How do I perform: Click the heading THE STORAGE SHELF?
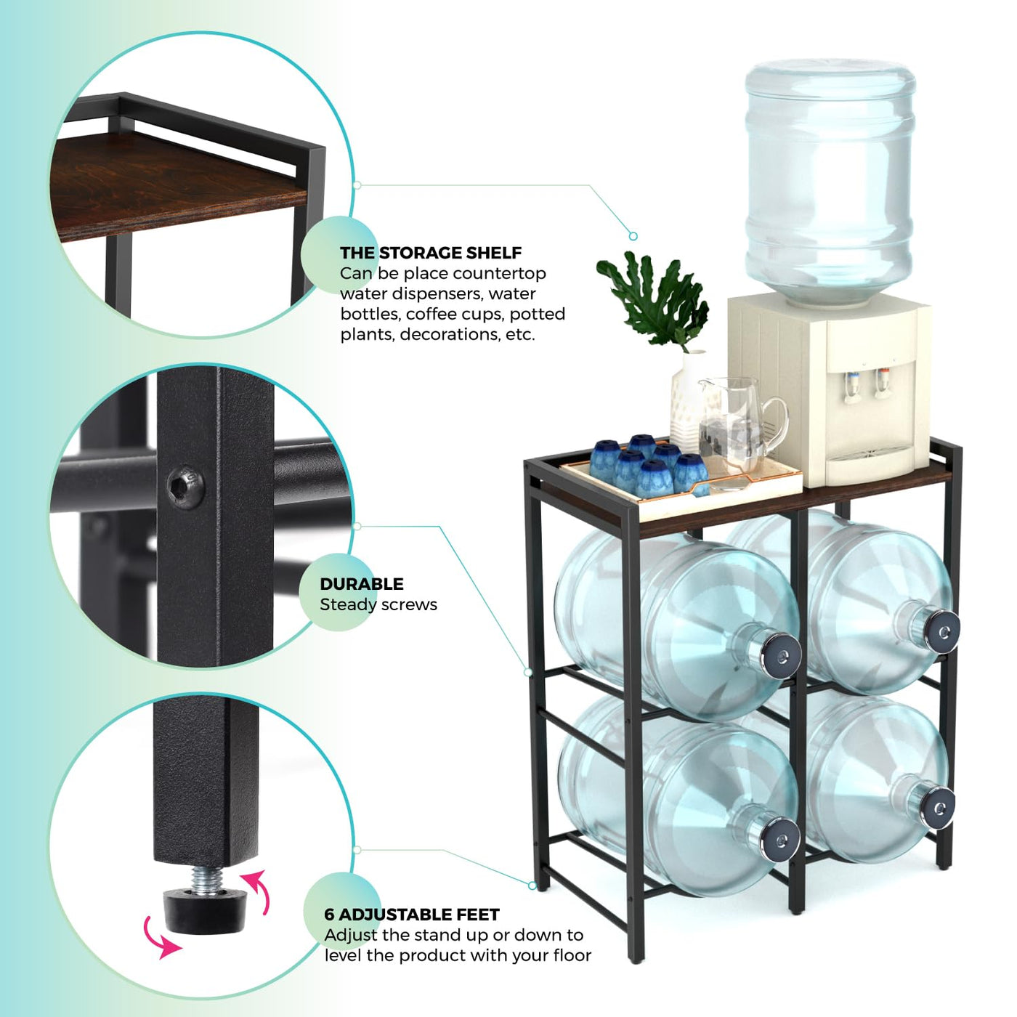click(431, 253)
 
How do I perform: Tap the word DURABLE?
click(362, 584)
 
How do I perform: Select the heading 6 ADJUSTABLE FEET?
click(412, 915)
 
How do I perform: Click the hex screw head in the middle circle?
click(185, 487)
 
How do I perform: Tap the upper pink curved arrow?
click(256, 892)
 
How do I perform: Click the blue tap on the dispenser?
click(851, 387)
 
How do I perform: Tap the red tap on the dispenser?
click(883, 382)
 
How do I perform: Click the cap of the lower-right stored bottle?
click(939, 808)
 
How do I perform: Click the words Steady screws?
click(378, 605)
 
